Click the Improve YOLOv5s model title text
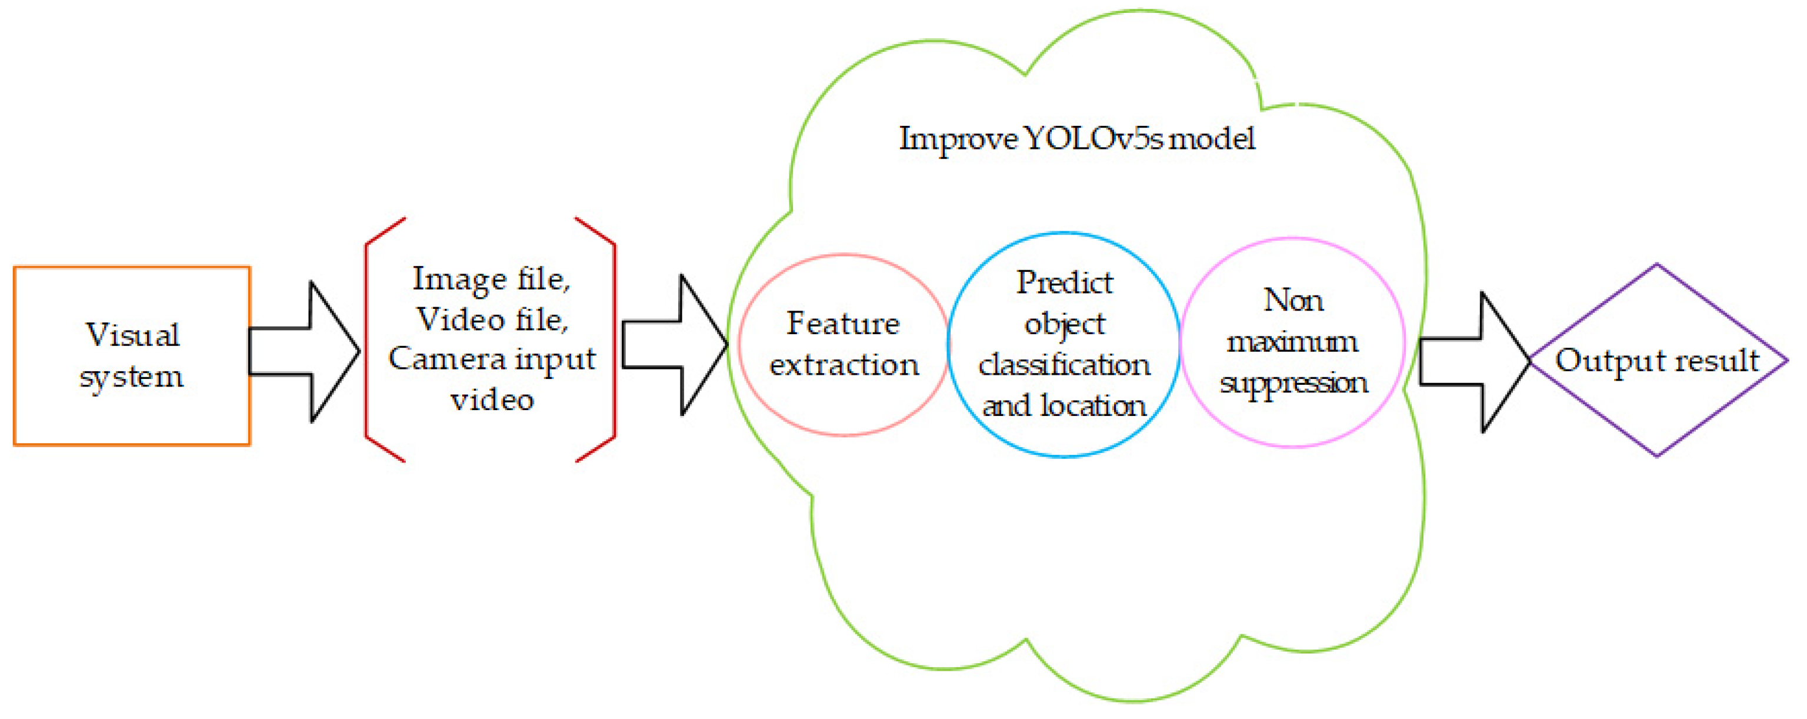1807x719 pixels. [1077, 138]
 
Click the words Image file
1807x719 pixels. [491, 279]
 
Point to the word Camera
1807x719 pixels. [448, 359]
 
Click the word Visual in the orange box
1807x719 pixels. [132, 335]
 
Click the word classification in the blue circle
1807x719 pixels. [1064, 365]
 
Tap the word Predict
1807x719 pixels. [1064, 282]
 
